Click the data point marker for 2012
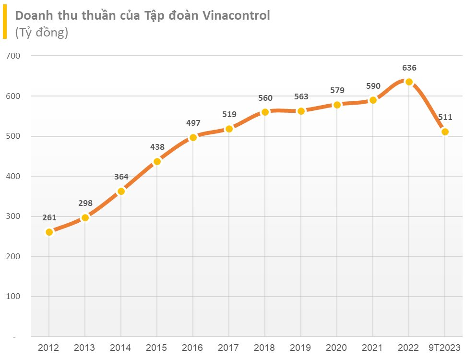(49, 232)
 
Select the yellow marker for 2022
(409, 82)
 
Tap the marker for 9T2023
(445, 132)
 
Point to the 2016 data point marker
(193, 138)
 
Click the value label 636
(409, 68)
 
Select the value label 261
(49, 218)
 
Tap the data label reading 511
(445, 118)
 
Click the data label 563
(301, 96)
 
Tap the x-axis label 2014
(121, 348)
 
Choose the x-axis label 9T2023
(445, 348)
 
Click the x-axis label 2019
(301, 348)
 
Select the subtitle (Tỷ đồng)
(42, 33)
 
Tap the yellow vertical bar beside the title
(4, 23)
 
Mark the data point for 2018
(265, 112)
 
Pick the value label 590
(373, 86)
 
